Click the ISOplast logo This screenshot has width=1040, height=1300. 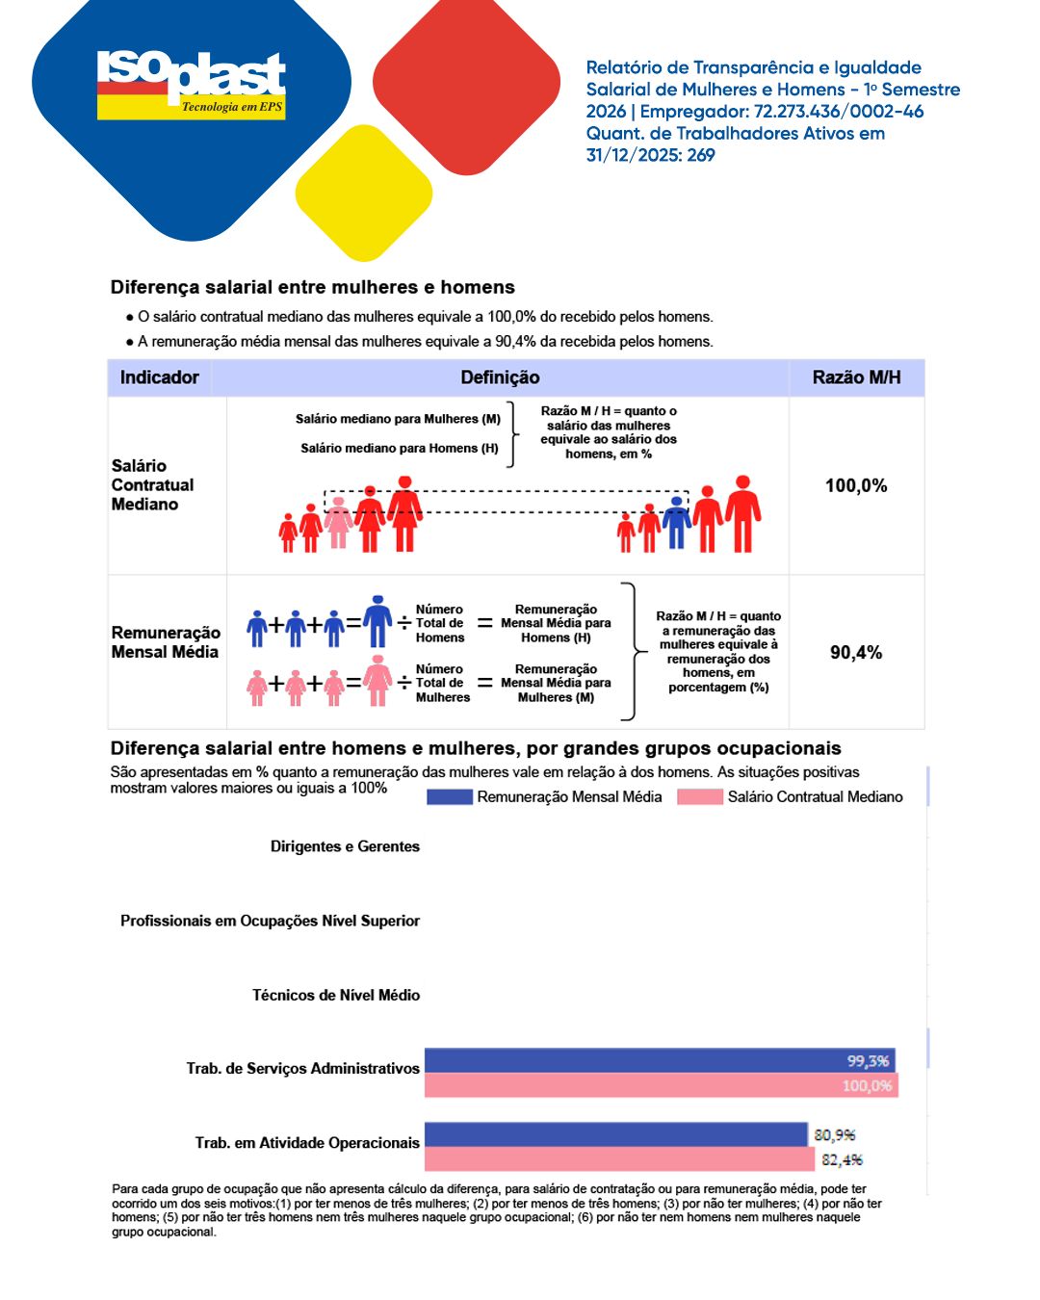pos(192,85)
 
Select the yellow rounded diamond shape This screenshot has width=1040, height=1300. pos(363,193)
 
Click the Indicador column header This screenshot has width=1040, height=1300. pos(159,377)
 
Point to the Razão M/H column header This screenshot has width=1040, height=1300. pos(856,377)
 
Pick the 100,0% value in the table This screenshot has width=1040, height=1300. pos(856,485)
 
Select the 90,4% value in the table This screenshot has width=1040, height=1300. pos(856,652)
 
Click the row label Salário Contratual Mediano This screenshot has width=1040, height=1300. pos(152,484)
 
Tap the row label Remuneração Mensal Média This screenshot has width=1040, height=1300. pos(165,642)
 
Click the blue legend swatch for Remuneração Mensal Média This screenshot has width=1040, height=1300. pos(449,796)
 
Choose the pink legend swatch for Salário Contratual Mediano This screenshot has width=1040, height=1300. pos(699,796)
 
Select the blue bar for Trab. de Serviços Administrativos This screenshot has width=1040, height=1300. pos(660,1060)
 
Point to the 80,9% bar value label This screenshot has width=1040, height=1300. pos(834,1135)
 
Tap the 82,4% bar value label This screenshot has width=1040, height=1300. pos(842,1159)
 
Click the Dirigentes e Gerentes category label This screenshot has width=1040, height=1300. pos(345,846)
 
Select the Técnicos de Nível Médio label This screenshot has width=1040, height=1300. pos(335,995)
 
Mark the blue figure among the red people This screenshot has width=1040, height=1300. pos(677,523)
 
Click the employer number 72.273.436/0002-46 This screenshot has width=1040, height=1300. pos(838,112)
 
